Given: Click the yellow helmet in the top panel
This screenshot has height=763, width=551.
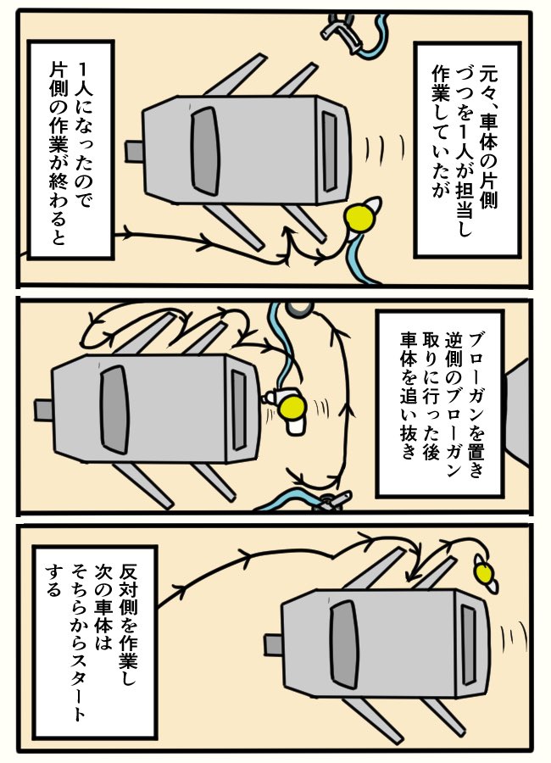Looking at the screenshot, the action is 359,216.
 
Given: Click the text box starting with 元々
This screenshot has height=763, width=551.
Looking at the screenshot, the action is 467,150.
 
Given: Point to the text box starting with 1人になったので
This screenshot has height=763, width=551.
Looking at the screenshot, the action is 71,150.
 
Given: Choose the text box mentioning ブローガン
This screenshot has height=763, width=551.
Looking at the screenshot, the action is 441,404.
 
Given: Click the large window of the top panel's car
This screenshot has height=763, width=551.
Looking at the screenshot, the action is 205,152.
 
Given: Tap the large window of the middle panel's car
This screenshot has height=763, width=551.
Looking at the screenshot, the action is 114,409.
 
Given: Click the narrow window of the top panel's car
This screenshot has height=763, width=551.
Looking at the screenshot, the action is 330,152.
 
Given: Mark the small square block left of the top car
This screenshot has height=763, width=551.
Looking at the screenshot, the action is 134,152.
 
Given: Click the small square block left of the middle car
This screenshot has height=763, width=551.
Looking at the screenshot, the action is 43,409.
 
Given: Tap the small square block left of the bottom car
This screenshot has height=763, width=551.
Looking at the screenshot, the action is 274,645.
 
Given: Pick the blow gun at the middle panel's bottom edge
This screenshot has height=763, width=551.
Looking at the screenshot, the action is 331,501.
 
